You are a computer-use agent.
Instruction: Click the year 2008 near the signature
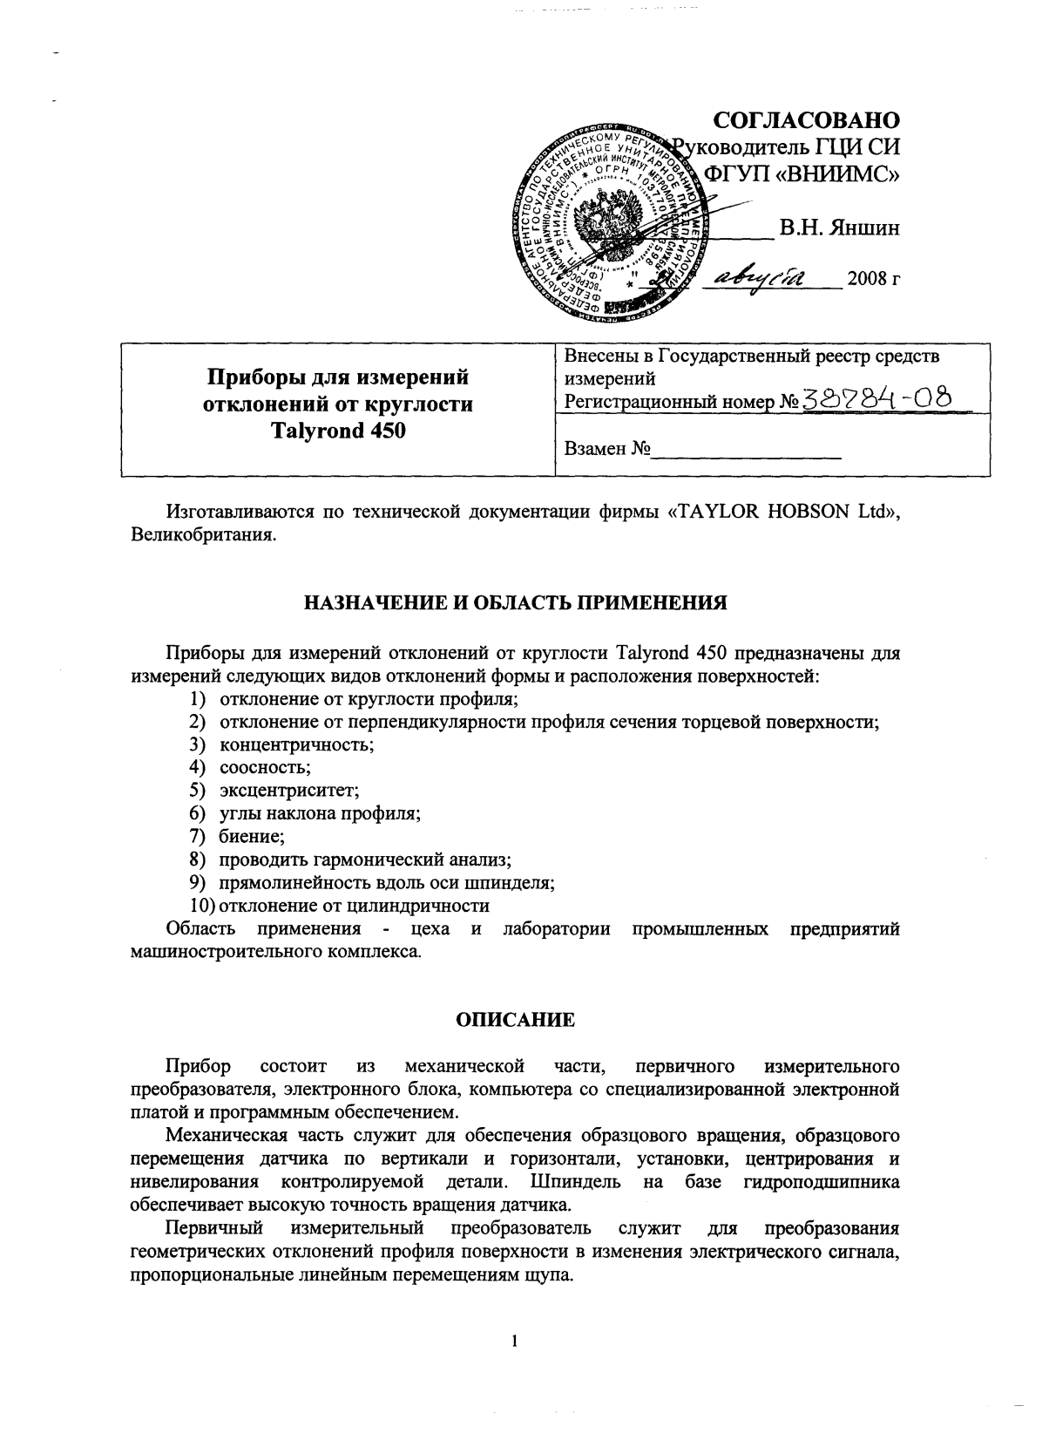pos(874,280)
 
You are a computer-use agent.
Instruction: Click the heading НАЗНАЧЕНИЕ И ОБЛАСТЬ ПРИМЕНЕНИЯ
pos(514,602)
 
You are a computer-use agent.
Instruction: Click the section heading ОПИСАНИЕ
pos(516,1019)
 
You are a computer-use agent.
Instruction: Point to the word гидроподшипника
pos(822,1183)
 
